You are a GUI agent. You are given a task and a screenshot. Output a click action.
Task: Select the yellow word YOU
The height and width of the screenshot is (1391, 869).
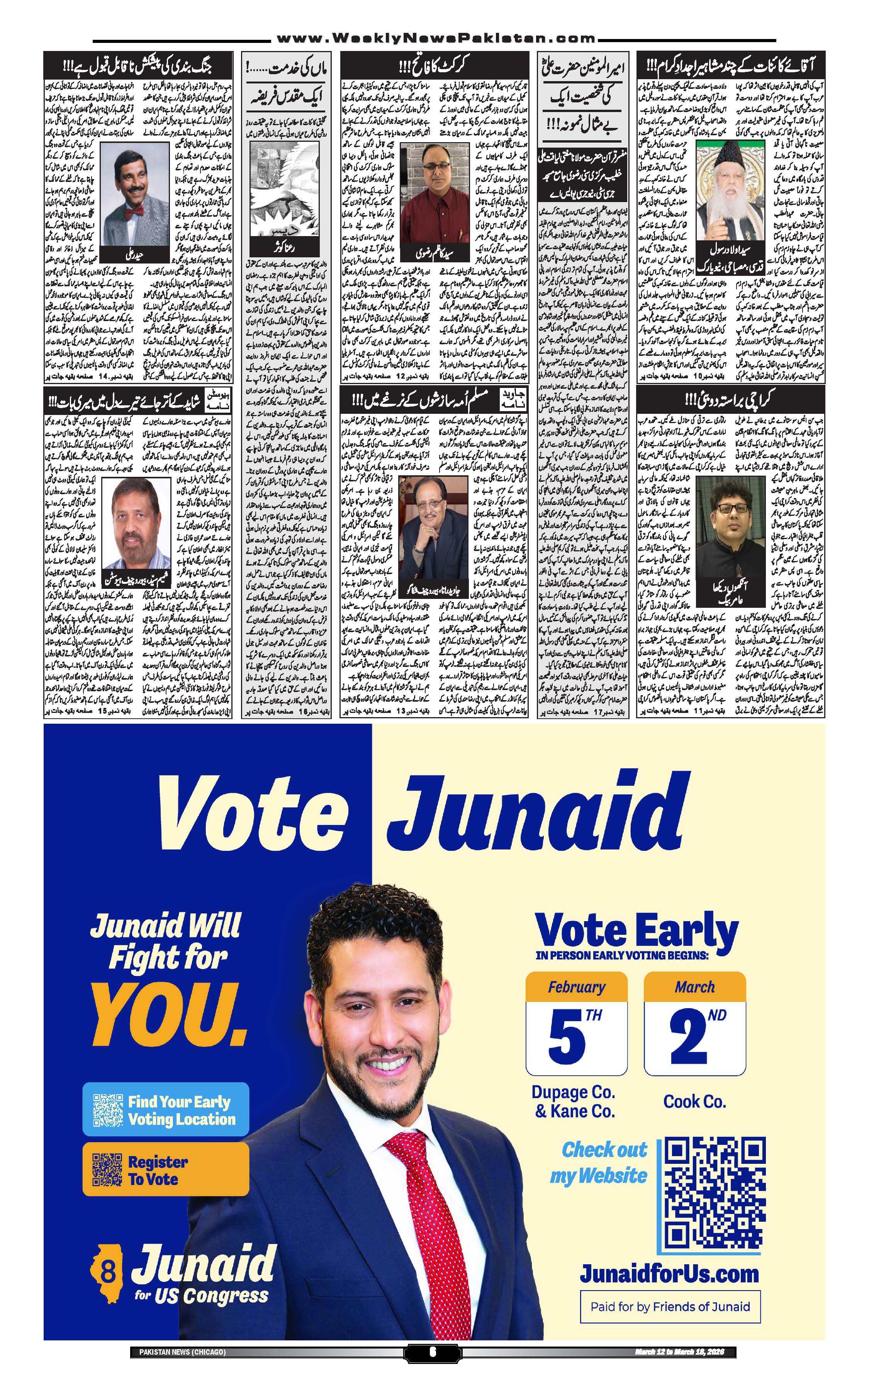169,1015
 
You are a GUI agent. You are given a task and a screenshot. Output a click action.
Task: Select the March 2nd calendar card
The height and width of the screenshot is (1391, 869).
694,1023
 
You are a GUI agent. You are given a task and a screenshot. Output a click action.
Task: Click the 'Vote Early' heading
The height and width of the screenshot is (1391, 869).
636,929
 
